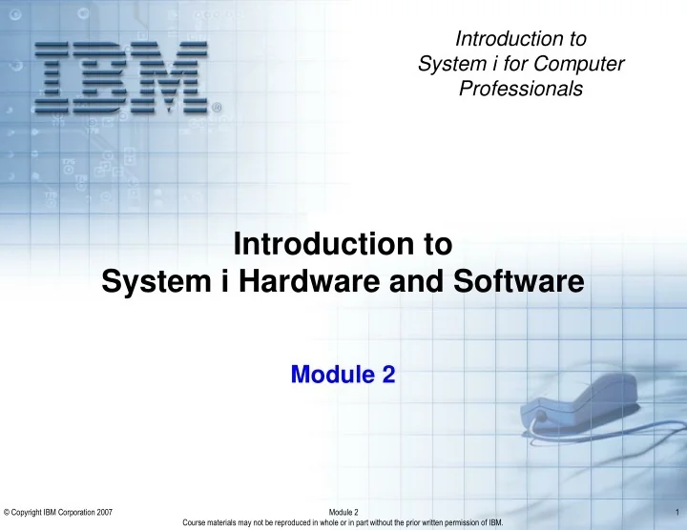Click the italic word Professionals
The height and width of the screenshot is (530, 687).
521,89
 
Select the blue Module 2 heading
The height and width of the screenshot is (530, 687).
343,376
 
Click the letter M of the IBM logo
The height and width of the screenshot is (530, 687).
176,72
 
